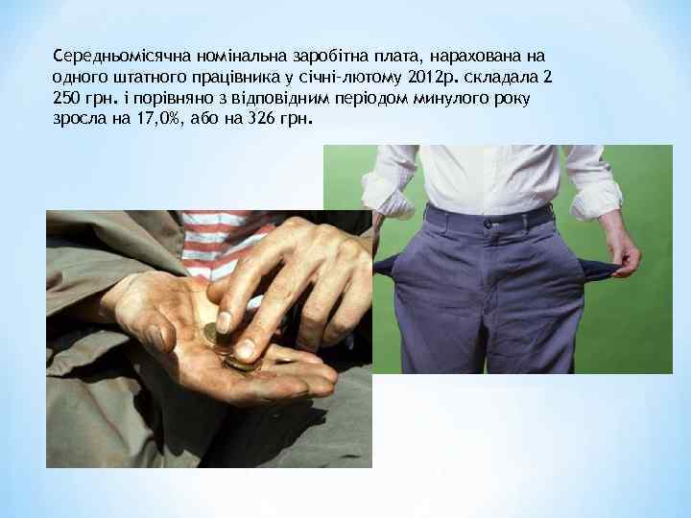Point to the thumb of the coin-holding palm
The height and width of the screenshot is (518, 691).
click(x=154, y=326)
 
